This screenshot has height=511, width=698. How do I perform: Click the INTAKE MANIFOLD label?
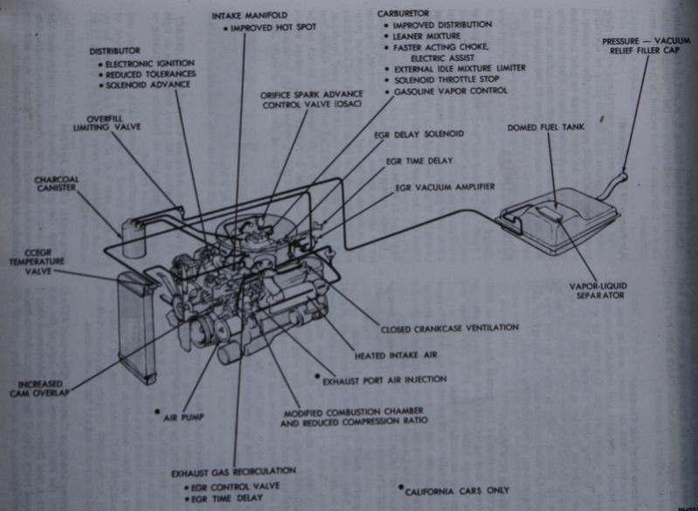(250, 16)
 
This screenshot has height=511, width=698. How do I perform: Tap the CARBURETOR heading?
(403, 14)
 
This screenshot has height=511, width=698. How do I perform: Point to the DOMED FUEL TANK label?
(546, 128)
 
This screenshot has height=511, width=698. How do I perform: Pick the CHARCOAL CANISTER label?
(56, 184)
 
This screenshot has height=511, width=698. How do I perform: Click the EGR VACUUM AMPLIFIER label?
(445, 187)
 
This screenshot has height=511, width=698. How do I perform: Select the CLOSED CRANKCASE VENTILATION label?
(450, 328)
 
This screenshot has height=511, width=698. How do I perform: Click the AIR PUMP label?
(183, 418)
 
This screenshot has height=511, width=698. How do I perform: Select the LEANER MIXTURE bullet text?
(425, 37)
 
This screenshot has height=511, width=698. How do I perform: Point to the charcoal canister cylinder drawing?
(134, 236)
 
